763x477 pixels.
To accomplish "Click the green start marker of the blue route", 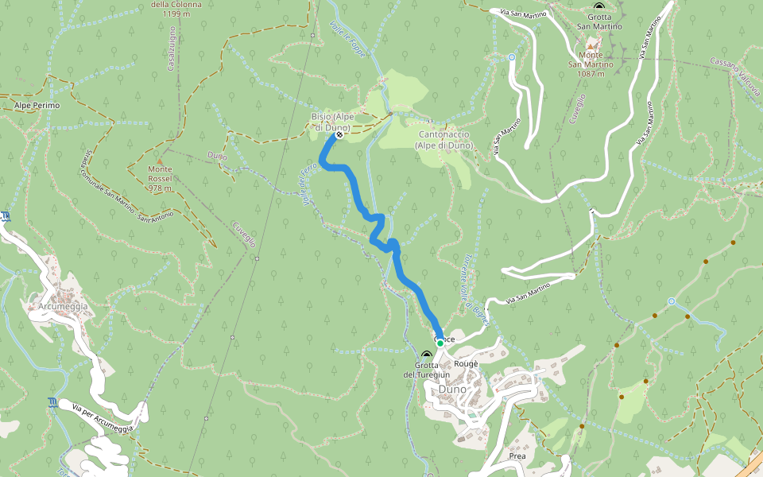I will coord(440,343).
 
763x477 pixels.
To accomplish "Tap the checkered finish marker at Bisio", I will coord(339,136).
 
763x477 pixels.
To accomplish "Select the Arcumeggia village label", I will coord(62,306).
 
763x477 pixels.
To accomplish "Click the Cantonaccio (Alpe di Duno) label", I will coord(446,140).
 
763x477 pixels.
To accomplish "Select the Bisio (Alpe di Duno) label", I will coord(331,122).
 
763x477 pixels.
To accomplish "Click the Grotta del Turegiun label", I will coord(427,370).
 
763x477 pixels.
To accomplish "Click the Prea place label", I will coord(517,457).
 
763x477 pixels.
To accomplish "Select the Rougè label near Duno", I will coord(466,363).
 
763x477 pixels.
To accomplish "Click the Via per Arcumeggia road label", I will coord(103,418).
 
